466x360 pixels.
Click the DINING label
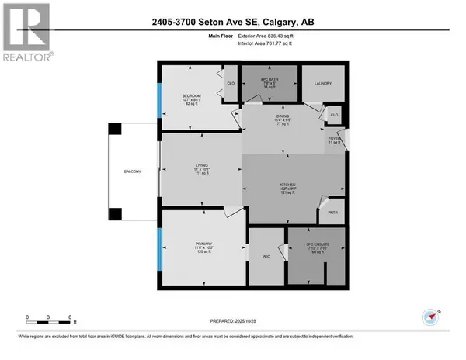pyautogui.click(x=281, y=119)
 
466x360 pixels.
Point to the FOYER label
pyautogui.click(x=335, y=140)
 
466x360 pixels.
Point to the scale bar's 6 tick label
pyautogui.click(x=71, y=318)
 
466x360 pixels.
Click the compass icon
pyautogui.click(x=432, y=316)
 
